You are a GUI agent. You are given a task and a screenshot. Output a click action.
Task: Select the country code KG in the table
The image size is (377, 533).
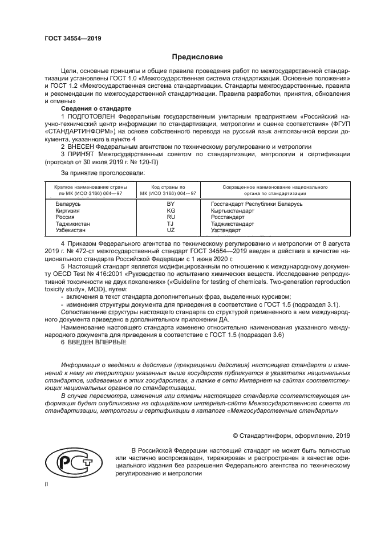(170, 210)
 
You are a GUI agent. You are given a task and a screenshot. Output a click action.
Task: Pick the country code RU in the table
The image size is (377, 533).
(170, 217)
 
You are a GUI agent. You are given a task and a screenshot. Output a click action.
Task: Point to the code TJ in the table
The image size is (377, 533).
(170, 224)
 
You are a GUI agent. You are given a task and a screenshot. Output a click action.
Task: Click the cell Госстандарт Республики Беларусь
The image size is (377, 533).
(257, 204)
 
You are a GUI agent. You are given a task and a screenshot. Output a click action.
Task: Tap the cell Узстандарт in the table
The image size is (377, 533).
(226, 231)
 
